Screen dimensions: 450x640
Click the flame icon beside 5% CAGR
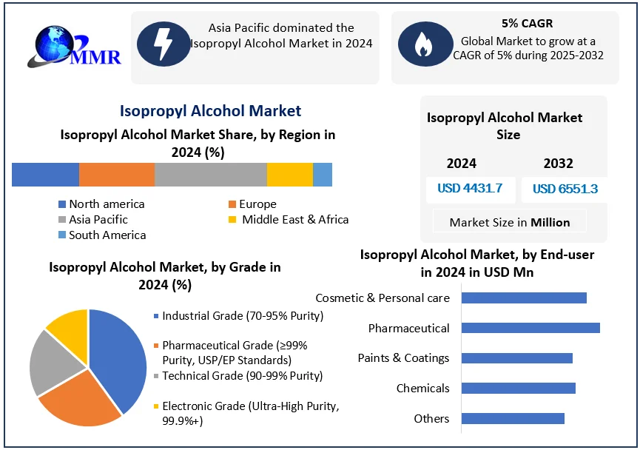pos(423,44)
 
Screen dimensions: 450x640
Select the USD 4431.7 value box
pos(470,189)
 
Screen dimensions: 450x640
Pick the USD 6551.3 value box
pos(565,189)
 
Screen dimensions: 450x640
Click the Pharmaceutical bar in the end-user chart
pos(530,328)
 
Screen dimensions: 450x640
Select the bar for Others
pos(513,419)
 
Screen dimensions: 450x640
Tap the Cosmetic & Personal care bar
pos(523,298)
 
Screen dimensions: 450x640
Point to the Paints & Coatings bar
pos(516,358)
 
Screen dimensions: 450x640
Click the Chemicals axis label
pos(422,389)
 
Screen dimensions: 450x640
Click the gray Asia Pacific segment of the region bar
pos(210,175)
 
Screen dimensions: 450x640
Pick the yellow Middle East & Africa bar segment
pos(289,175)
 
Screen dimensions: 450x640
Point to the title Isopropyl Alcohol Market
pos(210,111)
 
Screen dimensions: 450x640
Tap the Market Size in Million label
pos(510,222)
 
